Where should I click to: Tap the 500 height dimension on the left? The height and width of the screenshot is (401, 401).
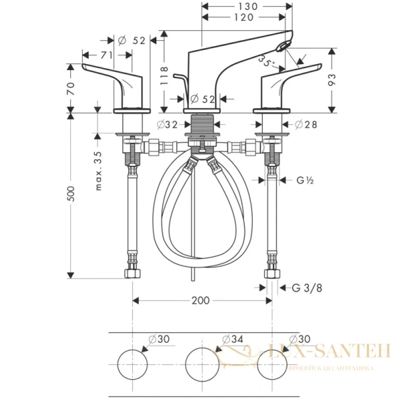72,194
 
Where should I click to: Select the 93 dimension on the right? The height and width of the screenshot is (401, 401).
332,80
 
